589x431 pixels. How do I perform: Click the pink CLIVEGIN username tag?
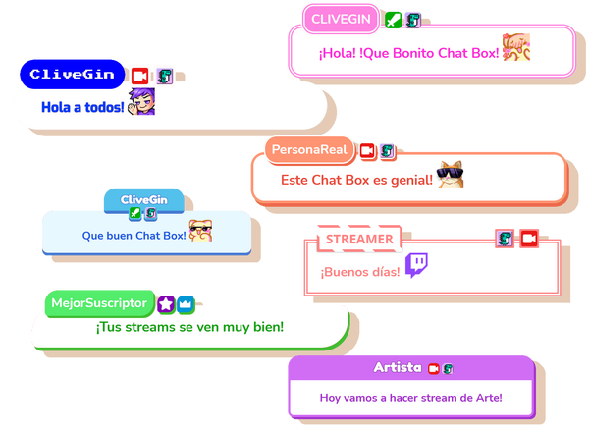[x=340, y=19]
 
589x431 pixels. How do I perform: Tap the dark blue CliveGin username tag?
[x=72, y=74]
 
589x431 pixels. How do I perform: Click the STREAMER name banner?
[x=358, y=239]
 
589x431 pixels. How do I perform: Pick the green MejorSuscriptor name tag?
[x=100, y=302]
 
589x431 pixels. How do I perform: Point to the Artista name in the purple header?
[x=398, y=367]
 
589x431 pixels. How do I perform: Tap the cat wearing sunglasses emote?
[x=451, y=176]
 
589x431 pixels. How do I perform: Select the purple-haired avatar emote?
[x=142, y=101]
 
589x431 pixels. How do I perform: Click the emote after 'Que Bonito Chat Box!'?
[x=516, y=47]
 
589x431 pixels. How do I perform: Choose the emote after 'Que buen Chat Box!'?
[x=201, y=232]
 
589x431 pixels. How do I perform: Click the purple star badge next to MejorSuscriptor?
[x=166, y=302]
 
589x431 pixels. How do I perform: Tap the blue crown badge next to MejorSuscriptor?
[x=186, y=302]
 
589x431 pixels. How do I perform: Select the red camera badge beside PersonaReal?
[x=367, y=150]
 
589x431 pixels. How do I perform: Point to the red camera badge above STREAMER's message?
[x=528, y=238]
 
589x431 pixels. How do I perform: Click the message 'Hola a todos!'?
[x=82, y=105]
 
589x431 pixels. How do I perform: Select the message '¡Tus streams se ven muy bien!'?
[x=189, y=327]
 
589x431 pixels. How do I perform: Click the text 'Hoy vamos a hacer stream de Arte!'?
[x=410, y=398]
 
